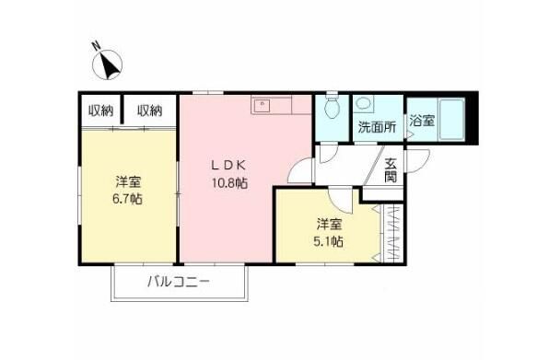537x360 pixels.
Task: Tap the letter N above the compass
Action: coord(97,46)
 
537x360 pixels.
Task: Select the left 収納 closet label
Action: coord(100,111)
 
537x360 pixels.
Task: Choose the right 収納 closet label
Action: coord(150,111)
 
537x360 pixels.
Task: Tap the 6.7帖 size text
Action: coord(128,198)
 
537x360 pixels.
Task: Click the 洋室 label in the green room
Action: coord(128,180)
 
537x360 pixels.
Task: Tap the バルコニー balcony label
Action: coord(180,282)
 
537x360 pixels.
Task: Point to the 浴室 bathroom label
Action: coord(421,120)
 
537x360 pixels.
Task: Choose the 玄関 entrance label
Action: coord(391,170)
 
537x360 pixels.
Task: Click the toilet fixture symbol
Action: coord(332,110)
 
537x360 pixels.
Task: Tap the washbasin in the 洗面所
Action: coord(364,105)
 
